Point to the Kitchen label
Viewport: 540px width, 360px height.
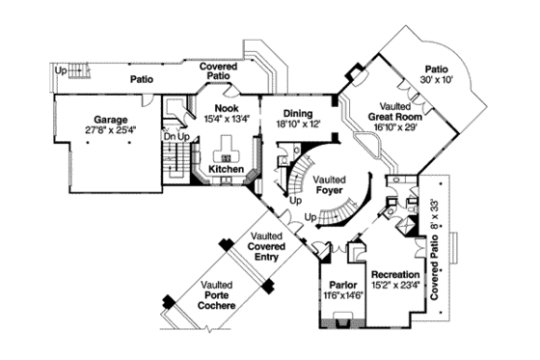[x=227, y=168]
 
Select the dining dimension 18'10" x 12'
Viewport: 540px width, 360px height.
[x=298, y=123]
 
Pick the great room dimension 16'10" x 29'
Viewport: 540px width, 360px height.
[x=391, y=124]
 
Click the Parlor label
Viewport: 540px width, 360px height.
[x=337, y=287]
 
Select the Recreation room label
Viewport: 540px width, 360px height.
[x=394, y=274]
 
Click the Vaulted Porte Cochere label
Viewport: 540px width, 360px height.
[x=217, y=294]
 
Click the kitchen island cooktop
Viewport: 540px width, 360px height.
[x=228, y=156]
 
